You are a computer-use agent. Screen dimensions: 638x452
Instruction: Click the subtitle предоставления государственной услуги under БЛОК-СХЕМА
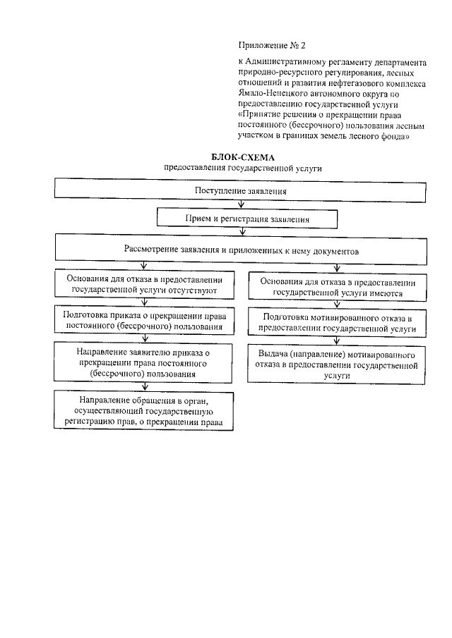[x=242, y=168]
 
